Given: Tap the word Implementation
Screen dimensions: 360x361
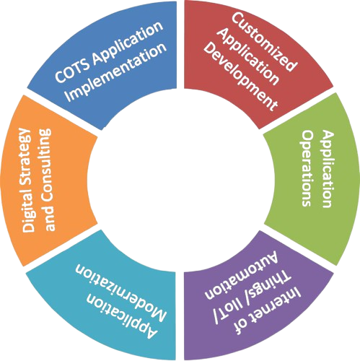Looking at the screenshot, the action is coord(116,72).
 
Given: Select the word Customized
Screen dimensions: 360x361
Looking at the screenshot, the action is coord(264,41).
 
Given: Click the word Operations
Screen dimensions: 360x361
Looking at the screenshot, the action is coord(307,168).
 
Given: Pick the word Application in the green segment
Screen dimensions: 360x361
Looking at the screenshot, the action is coord(328,168).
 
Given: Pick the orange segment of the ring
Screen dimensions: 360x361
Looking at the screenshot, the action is coord(48,180).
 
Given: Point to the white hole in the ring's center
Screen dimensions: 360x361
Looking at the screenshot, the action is coord(180,180).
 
